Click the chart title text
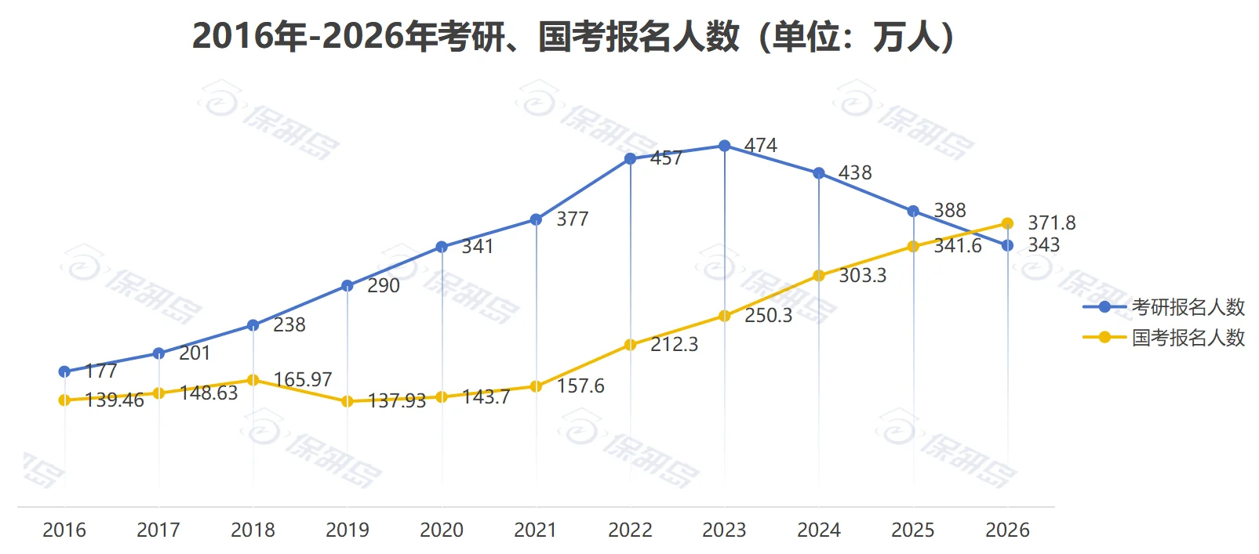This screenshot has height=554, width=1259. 574,36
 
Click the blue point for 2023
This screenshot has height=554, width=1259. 725,146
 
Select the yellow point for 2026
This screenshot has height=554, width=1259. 1007,224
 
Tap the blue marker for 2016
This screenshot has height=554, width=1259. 64,371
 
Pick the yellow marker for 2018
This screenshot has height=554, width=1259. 253,380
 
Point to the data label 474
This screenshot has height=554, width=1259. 760,146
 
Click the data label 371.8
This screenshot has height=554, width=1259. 1051,223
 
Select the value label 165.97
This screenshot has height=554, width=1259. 302,380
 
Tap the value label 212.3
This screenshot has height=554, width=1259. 674,345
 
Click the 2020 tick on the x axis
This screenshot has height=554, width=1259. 442,530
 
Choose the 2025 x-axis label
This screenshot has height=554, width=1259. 913,530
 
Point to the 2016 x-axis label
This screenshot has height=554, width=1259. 64,530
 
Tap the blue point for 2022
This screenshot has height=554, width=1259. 630,159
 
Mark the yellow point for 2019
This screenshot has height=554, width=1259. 347,401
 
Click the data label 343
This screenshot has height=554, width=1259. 1043,245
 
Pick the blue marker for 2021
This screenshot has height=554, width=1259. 536,219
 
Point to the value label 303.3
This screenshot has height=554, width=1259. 862,276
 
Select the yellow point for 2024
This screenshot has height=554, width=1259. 819,276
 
